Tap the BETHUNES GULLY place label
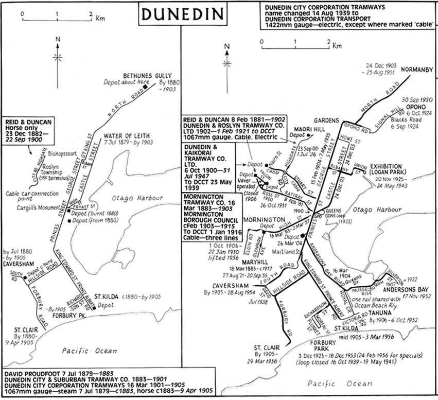coord(146,76)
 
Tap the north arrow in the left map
coord(60,54)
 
